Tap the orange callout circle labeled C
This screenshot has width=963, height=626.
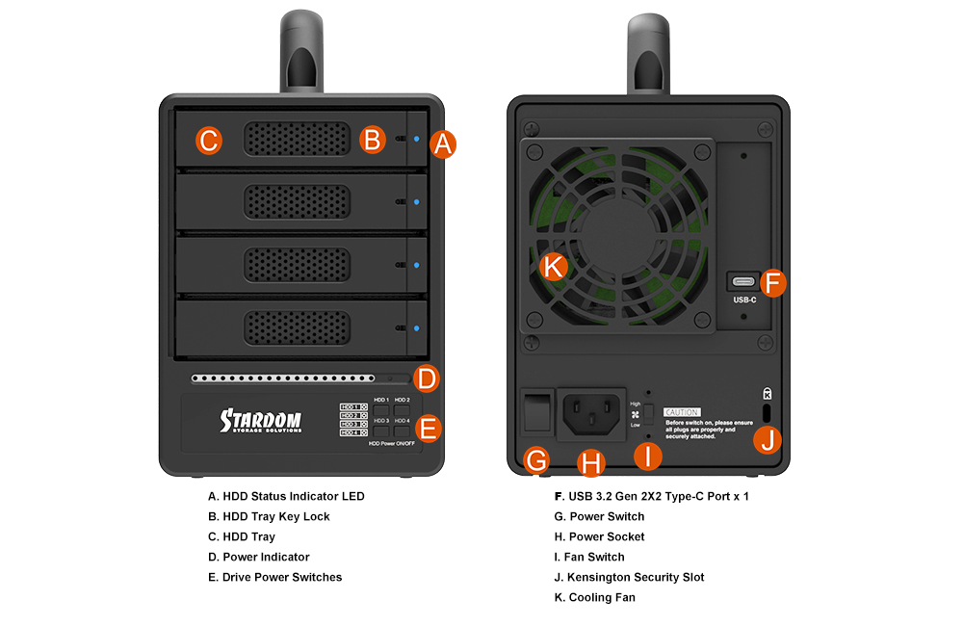(x=209, y=141)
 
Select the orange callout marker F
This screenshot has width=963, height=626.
(x=773, y=283)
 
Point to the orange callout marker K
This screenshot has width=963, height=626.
(x=553, y=267)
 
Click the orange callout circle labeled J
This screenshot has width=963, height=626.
(x=768, y=440)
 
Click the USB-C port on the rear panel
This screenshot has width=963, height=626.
(x=743, y=282)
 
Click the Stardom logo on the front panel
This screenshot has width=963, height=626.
(x=260, y=421)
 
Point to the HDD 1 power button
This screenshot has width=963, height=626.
(x=380, y=410)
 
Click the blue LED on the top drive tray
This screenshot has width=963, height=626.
(x=416, y=139)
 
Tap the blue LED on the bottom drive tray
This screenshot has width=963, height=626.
(x=416, y=327)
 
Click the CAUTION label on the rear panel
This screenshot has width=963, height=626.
(x=682, y=412)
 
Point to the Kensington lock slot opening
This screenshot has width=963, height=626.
(x=767, y=410)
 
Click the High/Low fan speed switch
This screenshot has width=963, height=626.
(x=649, y=414)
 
